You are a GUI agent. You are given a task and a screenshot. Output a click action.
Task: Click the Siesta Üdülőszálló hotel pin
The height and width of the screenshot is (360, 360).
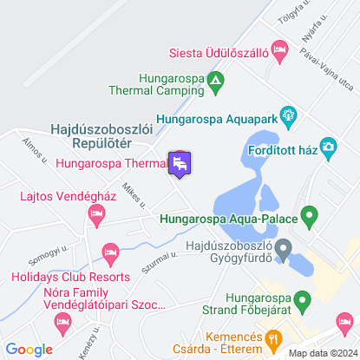(279, 48)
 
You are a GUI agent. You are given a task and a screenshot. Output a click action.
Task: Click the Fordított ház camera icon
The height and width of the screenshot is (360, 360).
(328, 147)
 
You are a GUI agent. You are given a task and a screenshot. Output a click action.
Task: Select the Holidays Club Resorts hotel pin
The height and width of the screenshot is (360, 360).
(109, 253)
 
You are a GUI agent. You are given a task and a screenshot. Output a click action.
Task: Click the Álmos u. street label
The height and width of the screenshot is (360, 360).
(36, 153)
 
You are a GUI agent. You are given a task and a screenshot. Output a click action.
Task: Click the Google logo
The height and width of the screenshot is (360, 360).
(29, 350)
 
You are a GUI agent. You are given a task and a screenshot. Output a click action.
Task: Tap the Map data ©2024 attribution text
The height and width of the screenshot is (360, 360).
(321, 352)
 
